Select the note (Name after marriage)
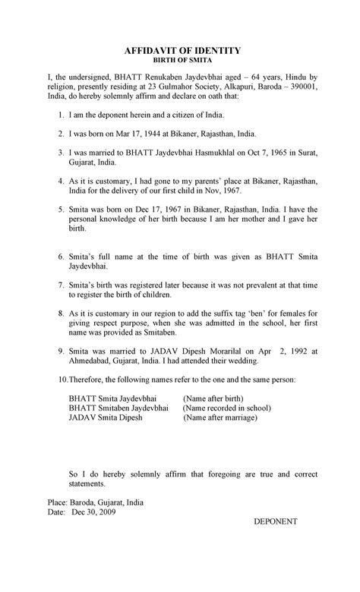tap(220, 417)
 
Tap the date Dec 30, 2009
tap(97, 512)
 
